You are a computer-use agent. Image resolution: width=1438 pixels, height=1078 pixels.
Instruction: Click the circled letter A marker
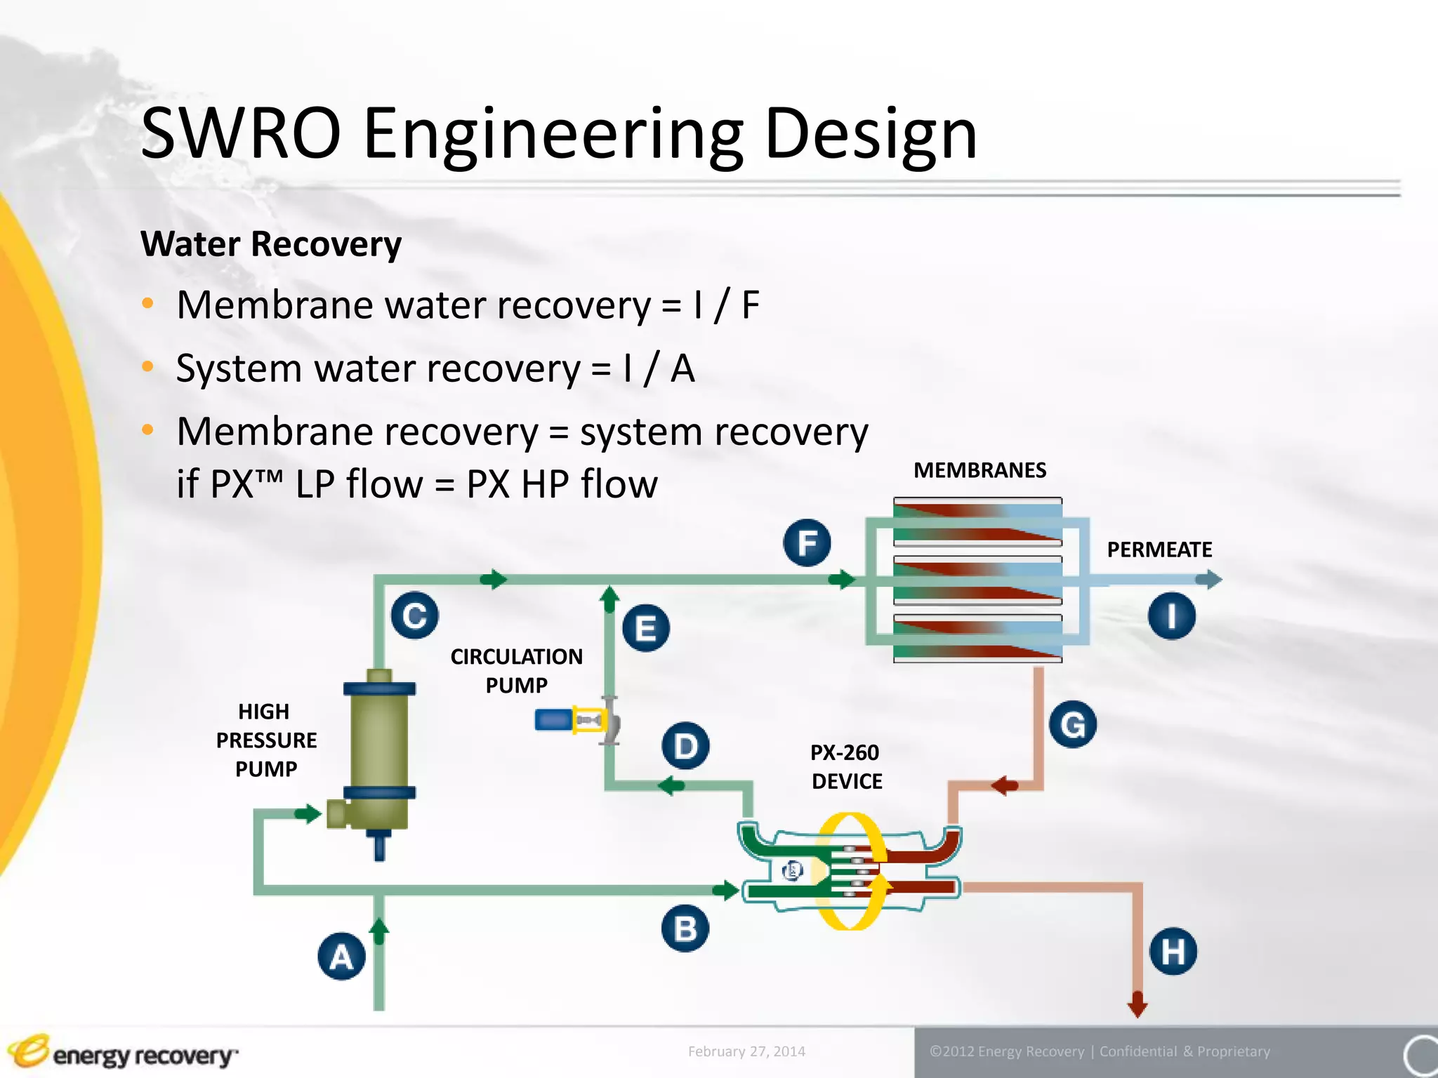(x=342, y=957)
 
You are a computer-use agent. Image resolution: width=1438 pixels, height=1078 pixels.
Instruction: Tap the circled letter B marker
(x=685, y=928)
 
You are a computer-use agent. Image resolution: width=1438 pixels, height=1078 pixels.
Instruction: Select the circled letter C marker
(x=415, y=615)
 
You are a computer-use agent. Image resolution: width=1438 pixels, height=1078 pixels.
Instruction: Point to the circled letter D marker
(x=685, y=745)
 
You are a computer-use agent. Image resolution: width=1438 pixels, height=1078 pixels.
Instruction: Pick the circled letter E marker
(x=646, y=628)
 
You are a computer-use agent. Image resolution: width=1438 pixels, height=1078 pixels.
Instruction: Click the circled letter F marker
(x=807, y=543)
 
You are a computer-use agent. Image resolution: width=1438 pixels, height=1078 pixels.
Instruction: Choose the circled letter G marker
(x=1073, y=724)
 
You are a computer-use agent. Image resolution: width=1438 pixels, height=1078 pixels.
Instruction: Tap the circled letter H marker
(x=1173, y=952)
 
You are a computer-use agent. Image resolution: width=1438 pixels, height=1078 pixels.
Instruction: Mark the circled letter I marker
(x=1172, y=616)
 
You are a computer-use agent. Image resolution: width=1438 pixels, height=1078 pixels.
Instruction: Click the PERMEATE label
(x=1159, y=550)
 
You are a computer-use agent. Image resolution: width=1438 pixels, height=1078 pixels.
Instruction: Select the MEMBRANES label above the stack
(x=979, y=470)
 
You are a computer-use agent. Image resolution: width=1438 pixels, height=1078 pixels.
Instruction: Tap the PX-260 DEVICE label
(x=845, y=766)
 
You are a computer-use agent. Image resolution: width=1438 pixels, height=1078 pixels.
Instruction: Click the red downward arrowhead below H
(x=1137, y=1005)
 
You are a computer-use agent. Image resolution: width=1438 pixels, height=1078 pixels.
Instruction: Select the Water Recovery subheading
(x=271, y=244)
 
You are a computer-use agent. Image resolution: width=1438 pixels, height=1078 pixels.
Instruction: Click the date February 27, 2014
(x=746, y=1051)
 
